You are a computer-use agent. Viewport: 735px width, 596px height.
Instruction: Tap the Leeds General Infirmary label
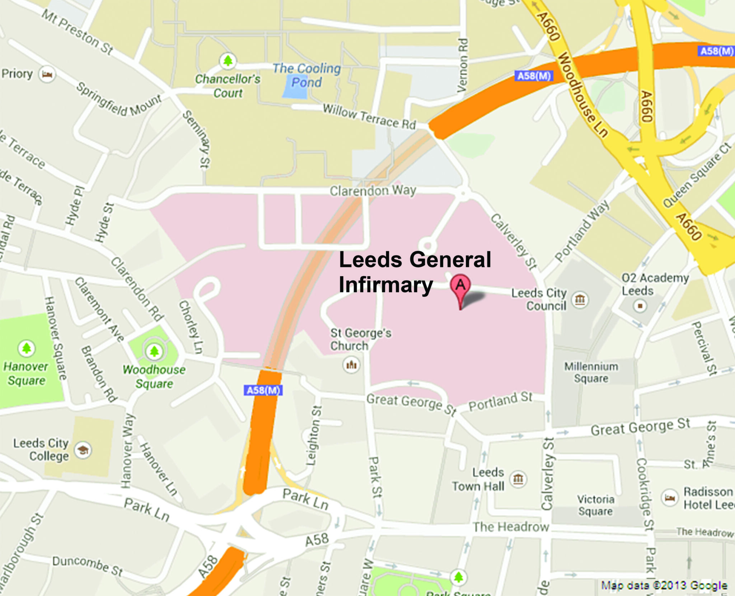tap(415, 272)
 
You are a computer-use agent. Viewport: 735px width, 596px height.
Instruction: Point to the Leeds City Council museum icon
tap(580, 299)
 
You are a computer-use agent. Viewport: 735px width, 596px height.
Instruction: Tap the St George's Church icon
tap(351, 365)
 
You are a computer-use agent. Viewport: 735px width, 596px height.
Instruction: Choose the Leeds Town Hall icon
tap(518, 479)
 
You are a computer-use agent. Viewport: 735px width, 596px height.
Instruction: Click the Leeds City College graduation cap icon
tap(83, 450)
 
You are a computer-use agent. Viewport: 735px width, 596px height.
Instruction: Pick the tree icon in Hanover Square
tap(27, 348)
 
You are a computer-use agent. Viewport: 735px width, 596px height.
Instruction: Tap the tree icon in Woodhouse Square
tap(154, 351)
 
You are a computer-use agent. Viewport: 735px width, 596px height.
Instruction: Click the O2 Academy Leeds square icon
tap(640, 306)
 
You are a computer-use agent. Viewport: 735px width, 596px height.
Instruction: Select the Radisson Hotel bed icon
tap(670, 498)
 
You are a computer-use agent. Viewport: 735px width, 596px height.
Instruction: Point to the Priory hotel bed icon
tap(47, 74)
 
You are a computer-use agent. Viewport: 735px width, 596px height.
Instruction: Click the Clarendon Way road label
tap(373, 191)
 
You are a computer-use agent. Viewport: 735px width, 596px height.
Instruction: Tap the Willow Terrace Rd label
tap(369, 116)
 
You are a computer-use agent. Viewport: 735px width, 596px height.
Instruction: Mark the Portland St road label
tap(501, 401)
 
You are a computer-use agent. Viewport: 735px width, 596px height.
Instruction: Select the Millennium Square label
tap(591, 372)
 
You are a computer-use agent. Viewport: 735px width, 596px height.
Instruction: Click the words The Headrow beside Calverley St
tap(511, 527)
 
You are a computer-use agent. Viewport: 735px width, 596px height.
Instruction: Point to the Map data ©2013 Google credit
tap(664, 586)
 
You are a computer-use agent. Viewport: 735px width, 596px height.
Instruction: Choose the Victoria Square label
tap(595, 505)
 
